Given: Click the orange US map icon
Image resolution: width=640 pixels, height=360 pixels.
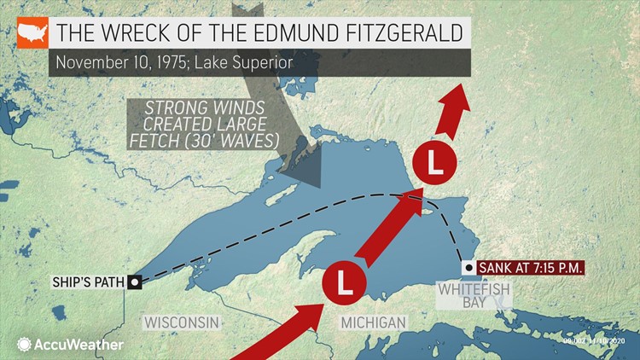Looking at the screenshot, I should click(32, 33).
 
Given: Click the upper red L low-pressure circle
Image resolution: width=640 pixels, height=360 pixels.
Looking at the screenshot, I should click(433, 163).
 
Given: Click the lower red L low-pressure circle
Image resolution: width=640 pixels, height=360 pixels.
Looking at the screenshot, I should click(344, 281).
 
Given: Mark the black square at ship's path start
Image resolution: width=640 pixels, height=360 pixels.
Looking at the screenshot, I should click(134, 282).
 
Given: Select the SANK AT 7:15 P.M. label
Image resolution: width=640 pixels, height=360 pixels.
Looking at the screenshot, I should click(531, 269).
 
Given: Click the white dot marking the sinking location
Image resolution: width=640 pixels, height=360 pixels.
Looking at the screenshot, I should click(468, 268).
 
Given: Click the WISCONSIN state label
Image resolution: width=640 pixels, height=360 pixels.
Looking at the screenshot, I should click(182, 322).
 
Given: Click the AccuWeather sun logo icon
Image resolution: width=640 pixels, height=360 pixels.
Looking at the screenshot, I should click(22, 345).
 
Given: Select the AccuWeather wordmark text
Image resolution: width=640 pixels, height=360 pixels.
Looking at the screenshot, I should click(79, 345).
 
